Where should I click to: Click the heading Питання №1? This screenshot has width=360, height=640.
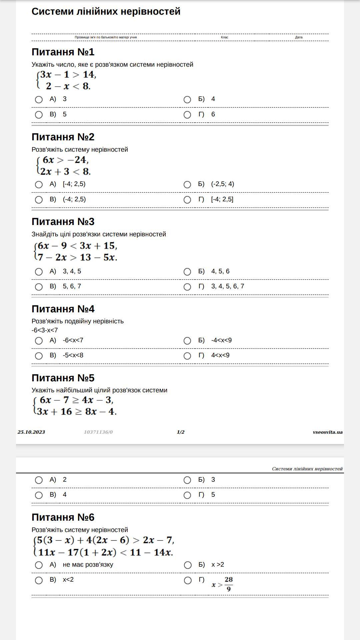(63, 52)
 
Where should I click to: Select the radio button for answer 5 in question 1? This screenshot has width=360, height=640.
(39, 115)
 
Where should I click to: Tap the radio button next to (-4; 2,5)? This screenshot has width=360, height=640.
(39, 200)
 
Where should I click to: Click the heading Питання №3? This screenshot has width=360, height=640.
(63, 222)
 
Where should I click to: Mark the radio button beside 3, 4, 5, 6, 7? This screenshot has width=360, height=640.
(187, 287)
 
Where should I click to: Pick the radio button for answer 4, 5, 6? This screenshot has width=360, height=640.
(187, 272)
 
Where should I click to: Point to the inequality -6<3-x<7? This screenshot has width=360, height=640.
(45, 330)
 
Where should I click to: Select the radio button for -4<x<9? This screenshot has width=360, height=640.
(187, 341)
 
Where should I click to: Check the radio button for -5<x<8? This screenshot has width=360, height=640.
(39, 356)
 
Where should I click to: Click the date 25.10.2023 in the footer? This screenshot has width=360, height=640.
(31, 432)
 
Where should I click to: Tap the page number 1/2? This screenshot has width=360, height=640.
(180, 432)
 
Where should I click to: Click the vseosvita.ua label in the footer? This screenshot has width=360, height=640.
(327, 432)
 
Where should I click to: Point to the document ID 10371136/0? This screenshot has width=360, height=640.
(98, 432)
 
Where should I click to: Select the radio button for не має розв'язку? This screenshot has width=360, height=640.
(39, 565)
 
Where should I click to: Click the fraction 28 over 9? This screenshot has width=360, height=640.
(229, 584)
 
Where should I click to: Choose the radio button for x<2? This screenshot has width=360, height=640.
(39, 580)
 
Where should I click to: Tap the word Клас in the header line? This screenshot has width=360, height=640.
(224, 37)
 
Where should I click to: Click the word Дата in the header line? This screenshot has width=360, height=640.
(299, 37)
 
